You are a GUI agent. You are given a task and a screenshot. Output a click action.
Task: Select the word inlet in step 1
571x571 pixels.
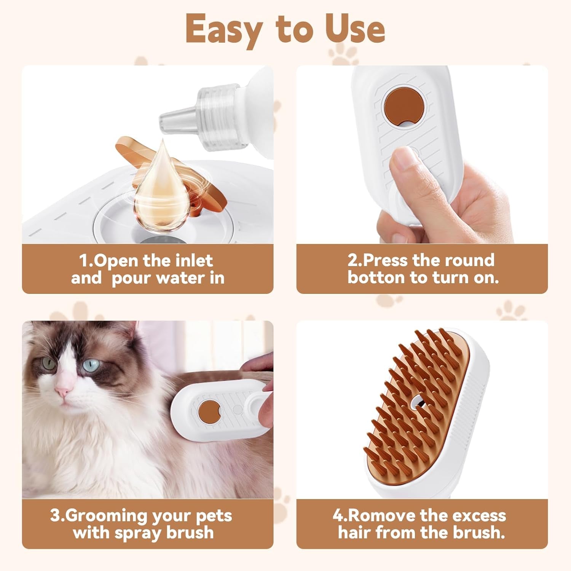point(194,261)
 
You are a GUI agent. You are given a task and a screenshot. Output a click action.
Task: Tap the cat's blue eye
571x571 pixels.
point(91,365)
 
